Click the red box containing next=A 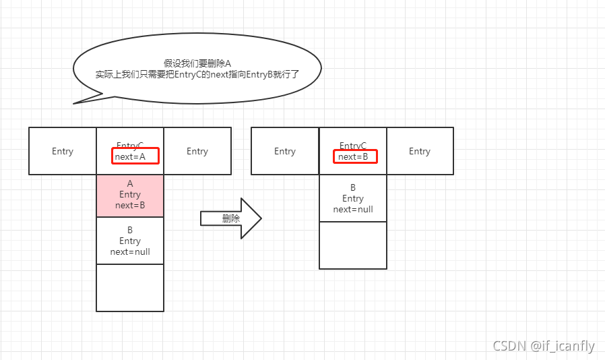tap(135, 156)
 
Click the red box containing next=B tap(355, 156)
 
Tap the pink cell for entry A tap(130, 196)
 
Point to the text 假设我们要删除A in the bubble tap(197, 63)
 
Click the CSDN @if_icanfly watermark tap(543, 346)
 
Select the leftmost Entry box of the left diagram tap(63, 151)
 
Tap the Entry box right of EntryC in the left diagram tap(197, 151)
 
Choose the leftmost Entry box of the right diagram tap(285, 151)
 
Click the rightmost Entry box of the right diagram tap(420, 151)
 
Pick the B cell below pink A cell tap(130, 241)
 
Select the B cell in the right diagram tap(353, 198)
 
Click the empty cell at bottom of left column tap(130, 288)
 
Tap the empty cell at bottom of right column tap(353, 245)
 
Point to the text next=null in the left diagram tap(130, 252)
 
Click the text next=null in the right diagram tap(353, 210)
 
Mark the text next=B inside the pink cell tap(130, 206)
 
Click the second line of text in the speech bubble tap(197, 75)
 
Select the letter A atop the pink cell tap(130, 183)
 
